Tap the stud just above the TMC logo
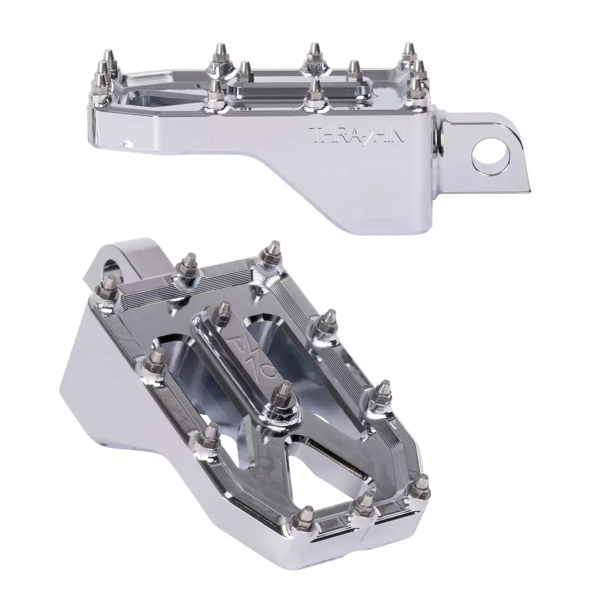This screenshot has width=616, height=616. click(222, 313)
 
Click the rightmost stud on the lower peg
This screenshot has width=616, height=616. click(422, 487)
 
